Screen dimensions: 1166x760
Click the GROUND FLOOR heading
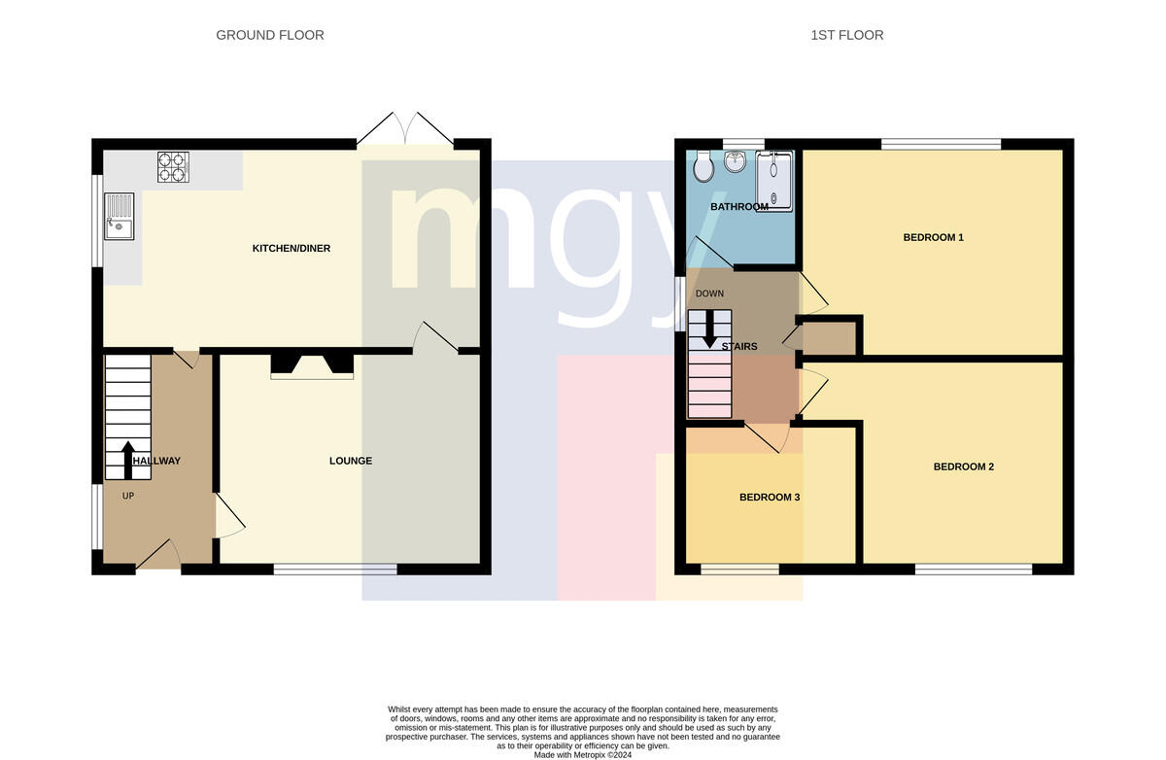pyautogui.click(x=270, y=35)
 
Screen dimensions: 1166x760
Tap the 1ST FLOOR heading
pyautogui.click(x=846, y=35)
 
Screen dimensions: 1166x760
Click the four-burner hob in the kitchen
pyautogui.click(x=173, y=166)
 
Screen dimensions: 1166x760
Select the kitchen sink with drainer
pyautogui.click(x=120, y=216)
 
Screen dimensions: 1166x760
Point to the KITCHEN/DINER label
pyautogui.click(x=291, y=248)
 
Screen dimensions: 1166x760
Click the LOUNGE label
pyautogui.click(x=351, y=461)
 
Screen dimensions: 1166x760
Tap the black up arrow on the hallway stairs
pyautogui.click(x=128, y=460)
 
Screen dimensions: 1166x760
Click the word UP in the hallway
pyautogui.click(x=128, y=496)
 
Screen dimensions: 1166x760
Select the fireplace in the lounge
pyautogui.click(x=312, y=365)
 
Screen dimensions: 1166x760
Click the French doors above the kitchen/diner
pyautogui.click(x=405, y=128)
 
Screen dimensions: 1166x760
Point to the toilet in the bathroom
pyautogui.click(x=703, y=166)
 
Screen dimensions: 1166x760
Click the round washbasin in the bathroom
pyautogui.click(x=735, y=161)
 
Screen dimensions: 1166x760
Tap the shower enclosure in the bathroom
pyautogui.click(x=774, y=181)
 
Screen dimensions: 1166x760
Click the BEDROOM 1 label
pyautogui.click(x=933, y=237)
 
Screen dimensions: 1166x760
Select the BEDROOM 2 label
pyautogui.click(x=963, y=466)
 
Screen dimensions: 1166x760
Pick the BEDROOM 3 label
pyautogui.click(x=770, y=498)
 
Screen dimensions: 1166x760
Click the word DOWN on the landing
pyautogui.click(x=709, y=294)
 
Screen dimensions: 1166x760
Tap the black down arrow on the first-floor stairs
pyautogui.click(x=709, y=329)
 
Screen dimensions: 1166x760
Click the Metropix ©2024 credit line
pyautogui.click(x=582, y=755)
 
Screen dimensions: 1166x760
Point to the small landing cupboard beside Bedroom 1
pyautogui.click(x=829, y=338)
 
